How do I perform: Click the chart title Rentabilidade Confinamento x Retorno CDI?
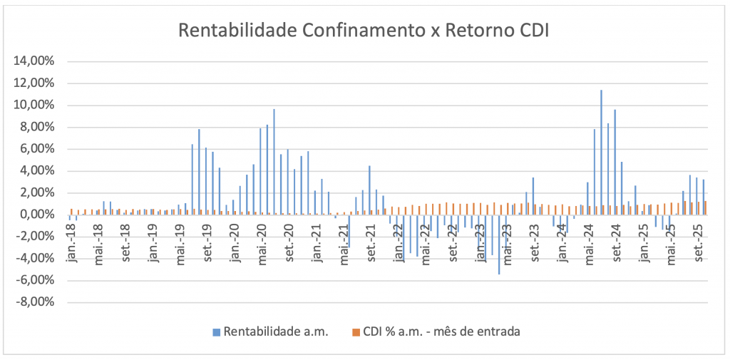pos(364,31)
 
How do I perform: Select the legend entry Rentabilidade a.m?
pos(275,331)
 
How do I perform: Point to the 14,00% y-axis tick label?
pos(34,61)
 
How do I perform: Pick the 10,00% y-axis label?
pos(34,106)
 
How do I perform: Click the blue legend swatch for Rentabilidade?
pos(216,331)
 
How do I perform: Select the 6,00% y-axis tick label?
pos(37,149)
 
